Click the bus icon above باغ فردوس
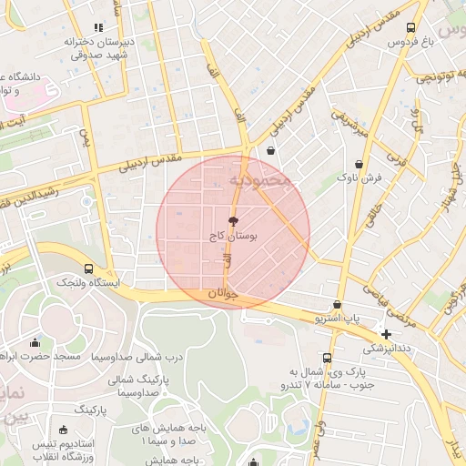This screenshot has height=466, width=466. click(411, 27)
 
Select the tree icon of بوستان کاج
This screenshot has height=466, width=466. click(233, 221)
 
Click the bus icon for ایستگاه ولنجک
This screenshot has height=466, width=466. click(88, 268)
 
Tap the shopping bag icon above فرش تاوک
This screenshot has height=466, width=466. click(360, 164)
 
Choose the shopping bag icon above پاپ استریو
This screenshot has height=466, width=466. click(338, 305)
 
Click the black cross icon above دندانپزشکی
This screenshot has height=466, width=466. click(387, 334)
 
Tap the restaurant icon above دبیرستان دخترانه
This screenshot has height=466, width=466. click(98, 28)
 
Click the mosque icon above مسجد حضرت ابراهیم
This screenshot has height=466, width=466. click(35, 342)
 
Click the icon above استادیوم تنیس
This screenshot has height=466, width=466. click(63, 430)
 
